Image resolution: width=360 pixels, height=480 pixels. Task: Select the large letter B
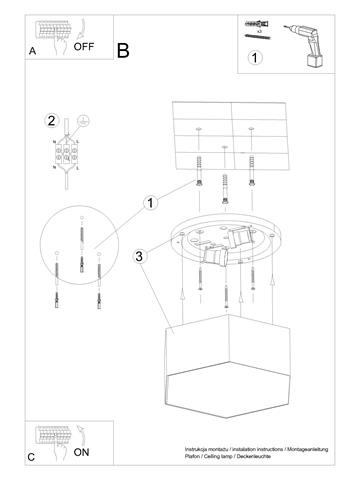pyautogui.click(x=123, y=49)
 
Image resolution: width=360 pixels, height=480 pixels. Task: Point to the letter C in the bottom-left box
pyautogui.click(x=33, y=458)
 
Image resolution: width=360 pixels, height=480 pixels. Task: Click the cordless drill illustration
pyautogui.click(x=310, y=44)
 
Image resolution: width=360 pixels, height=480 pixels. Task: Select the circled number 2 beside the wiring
pyautogui.click(x=51, y=121)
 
